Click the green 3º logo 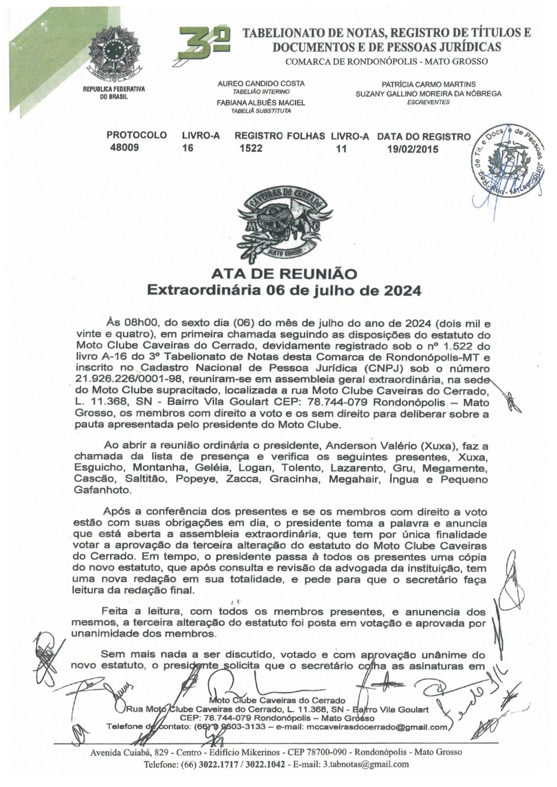[x=204, y=43]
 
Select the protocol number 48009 [x=124, y=148]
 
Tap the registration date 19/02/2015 [x=412, y=149]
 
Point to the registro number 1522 [x=251, y=148]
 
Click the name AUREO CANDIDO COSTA [x=261, y=83]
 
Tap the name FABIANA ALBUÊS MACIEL [x=261, y=102]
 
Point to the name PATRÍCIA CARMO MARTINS [x=428, y=84]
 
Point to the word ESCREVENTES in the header [x=428, y=102]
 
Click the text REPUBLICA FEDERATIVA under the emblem [x=114, y=89]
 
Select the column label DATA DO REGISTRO [x=424, y=136]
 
